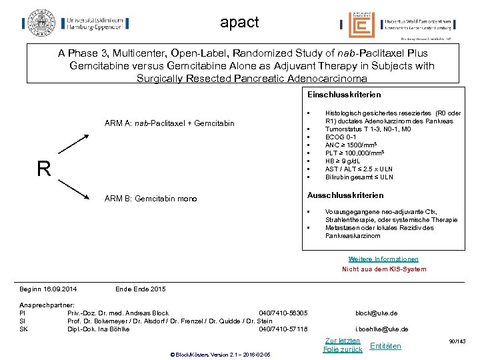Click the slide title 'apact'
pyautogui.click(x=239, y=23)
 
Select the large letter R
pyautogui.click(x=44, y=169)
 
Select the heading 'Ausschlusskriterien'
pyautogui.click(x=345, y=195)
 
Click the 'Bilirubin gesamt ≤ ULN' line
pyautogui.click(x=359, y=177)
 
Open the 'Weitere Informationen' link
pyautogui.click(x=383, y=259)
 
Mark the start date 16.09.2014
pyautogui.click(x=56, y=289)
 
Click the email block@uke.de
pyautogui.click(x=377, y=313)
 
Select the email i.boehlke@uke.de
pyautogui.click(x=381, y=329)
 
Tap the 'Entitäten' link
pyautogui.click(x=385, y=345)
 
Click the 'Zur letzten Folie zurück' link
pyautogui.click(x=342, y=345)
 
